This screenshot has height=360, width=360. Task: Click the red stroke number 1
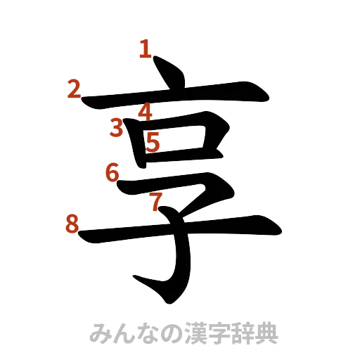coord(145,49)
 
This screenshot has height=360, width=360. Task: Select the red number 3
coord(117,127)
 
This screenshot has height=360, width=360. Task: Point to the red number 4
coord(146,111)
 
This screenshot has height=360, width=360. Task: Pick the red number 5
coord(154,143)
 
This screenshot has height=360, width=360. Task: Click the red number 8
coord(71,225)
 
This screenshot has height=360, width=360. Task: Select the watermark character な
coord(148,333)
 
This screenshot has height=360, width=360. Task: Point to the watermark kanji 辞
coord(242,333)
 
